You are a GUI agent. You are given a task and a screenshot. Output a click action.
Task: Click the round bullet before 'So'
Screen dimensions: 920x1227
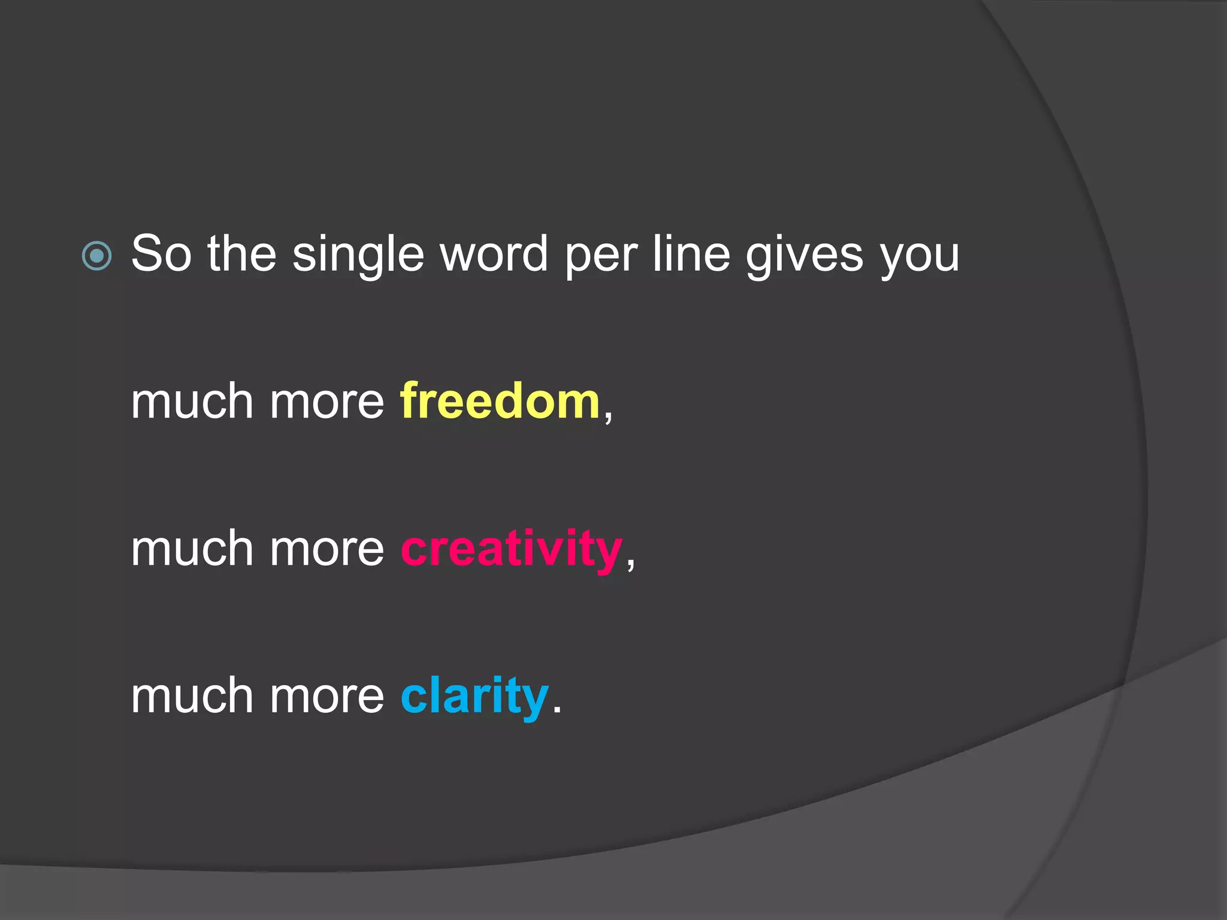(96, 256)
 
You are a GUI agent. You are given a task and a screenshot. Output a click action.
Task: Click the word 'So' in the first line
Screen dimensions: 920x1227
(161, 254)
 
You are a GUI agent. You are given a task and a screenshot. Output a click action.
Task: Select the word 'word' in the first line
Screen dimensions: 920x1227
(494, 254)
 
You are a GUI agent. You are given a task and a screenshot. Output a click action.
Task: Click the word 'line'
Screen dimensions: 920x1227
(691, 254)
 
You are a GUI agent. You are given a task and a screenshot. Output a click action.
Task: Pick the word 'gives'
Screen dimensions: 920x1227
(804, 258)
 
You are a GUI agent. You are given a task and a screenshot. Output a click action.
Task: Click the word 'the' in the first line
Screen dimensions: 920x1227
(241, 254)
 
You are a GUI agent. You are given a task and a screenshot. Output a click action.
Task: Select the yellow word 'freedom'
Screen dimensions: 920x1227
(500, 401)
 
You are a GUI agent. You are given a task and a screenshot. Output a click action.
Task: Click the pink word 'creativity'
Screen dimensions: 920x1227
(512, 550)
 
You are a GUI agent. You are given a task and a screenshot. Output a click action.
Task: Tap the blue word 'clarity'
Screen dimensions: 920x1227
(475, 697)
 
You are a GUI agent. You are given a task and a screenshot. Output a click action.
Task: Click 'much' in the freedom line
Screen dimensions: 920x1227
(192, 401)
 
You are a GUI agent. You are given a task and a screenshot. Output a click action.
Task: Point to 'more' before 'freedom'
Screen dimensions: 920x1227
(327, 402)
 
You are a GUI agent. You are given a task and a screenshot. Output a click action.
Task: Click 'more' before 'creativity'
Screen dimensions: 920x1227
(327, 550)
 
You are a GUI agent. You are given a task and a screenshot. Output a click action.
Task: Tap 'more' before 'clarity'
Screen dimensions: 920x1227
(327, 697)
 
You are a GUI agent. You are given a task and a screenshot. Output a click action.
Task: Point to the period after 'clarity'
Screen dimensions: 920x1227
(557, 710)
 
